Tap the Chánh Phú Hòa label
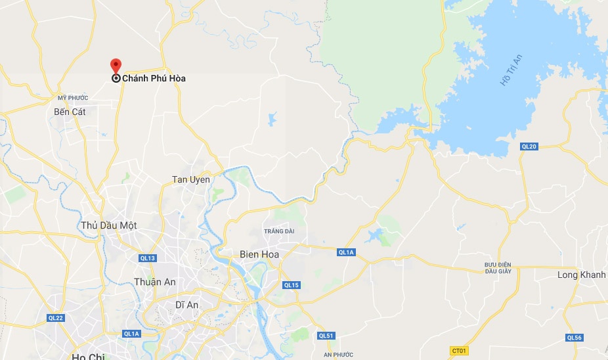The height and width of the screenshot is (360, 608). tap(154, 79)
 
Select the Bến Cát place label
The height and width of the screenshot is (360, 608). tap(70, 112)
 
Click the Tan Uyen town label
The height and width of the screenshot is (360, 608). tap(191, 179)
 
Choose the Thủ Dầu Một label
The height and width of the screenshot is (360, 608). tap(109, 225)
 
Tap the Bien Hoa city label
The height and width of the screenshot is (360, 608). tap(259, 254)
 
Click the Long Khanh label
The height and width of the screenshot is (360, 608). tap(581, 275)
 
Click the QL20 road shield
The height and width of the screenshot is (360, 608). tap(529, 146)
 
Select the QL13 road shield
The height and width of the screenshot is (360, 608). tap(148, 258)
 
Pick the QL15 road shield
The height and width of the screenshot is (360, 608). tap(292, 285)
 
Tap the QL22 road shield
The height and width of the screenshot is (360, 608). tap(55, 317)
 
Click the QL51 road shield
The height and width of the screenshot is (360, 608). tap(326, 336)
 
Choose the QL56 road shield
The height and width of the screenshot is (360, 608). tap(574, 338)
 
